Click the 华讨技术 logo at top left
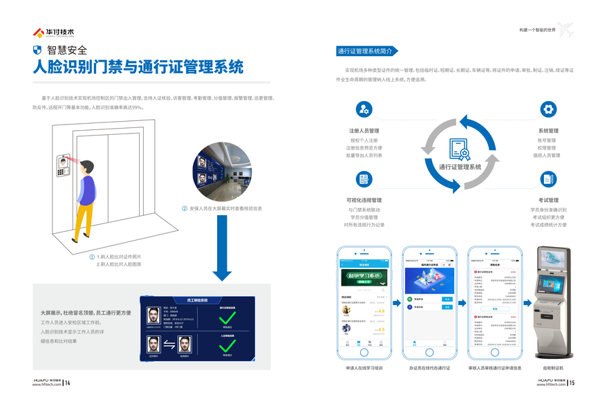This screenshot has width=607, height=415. click(x=53, y=32)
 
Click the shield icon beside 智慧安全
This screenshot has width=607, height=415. click(x=37, y=50)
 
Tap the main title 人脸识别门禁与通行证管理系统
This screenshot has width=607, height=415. click(x=138, y=68)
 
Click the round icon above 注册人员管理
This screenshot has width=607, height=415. click(x=364, y=109)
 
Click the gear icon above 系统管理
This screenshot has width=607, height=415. click(x=548, y=109)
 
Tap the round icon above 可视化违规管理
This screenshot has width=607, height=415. click(x=364, y=179)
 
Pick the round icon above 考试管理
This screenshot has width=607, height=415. click(x=548, y=179)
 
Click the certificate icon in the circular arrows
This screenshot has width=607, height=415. click(x=459, y=148)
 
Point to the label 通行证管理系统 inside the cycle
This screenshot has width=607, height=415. click(x=459, y=167)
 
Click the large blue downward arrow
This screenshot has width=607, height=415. click(x=222, y=248)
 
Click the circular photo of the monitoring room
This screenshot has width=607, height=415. click(x=222, y=171)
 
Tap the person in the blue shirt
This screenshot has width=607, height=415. click(x=85, y=196)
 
